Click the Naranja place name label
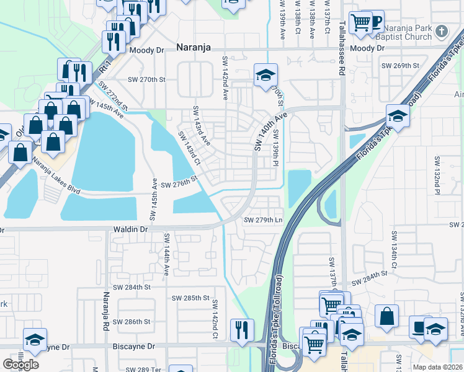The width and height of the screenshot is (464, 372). point(193,46)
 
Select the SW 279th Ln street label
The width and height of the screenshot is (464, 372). point(263,220)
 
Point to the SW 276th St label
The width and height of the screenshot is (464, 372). point(179,185)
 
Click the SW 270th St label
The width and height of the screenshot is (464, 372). point(147,79)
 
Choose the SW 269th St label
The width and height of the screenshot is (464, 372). point(400,65)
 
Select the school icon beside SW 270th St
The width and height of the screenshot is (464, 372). point(265,76)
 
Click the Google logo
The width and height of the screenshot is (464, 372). point(20,364)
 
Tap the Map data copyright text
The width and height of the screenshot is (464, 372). point(437,367)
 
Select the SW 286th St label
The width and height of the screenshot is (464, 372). point(135,321)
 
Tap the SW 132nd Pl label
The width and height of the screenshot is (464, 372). point(436,180)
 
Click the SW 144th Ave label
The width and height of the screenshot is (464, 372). point(166,254)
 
